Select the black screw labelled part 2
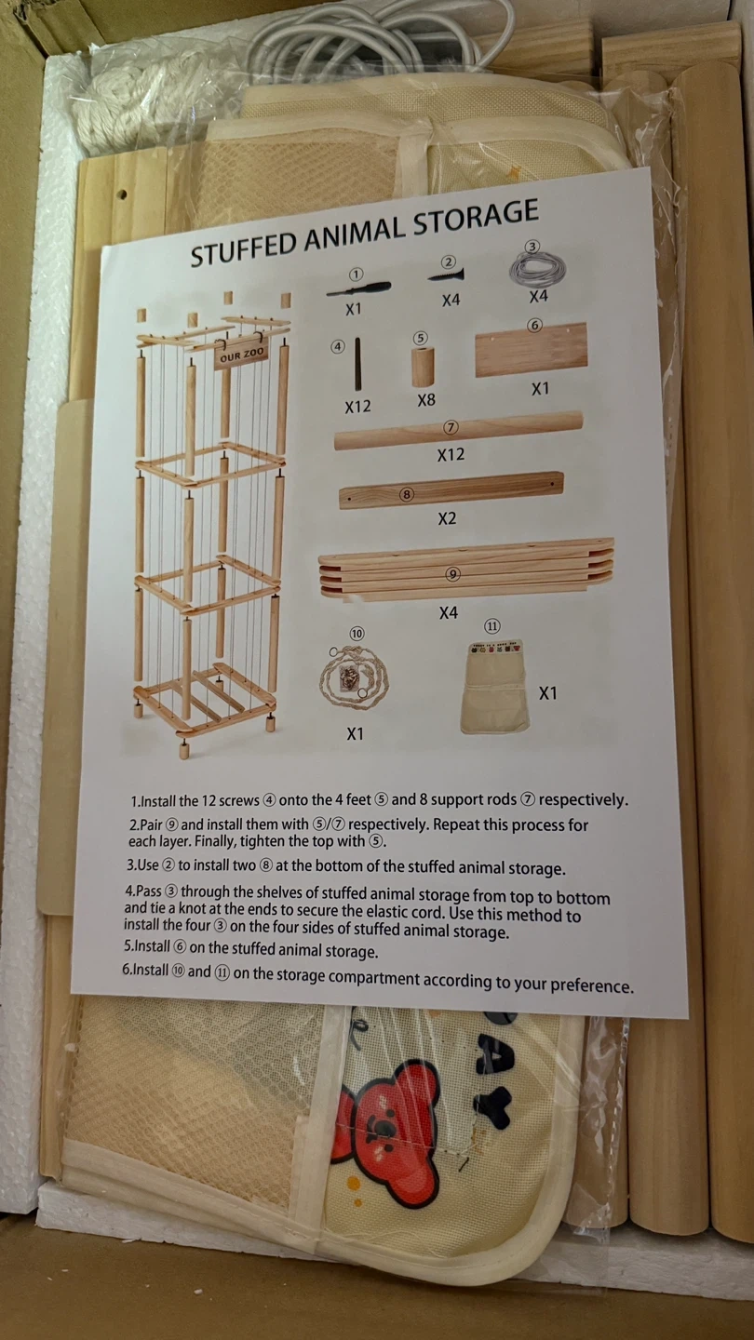click(447, 275)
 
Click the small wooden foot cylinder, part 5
click(423, 366)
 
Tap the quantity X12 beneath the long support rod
click(450, 455)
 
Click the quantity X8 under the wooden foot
click(426, 399)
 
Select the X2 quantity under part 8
click(447, 518)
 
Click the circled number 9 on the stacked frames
click(453, 574)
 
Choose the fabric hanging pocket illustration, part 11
click(495, 687)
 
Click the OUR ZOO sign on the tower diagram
click(240, 355)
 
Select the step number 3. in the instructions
click(131, 865)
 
